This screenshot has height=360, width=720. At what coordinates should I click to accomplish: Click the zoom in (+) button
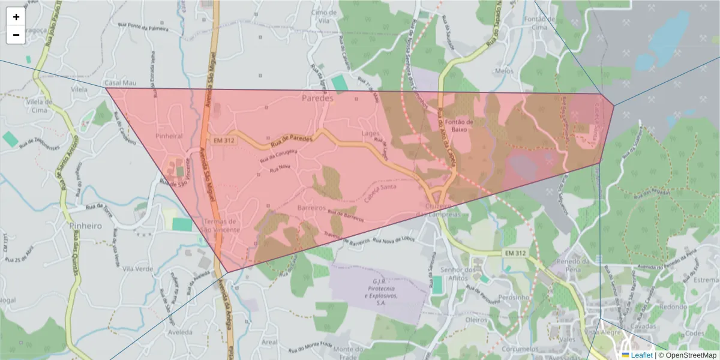pos(16,17)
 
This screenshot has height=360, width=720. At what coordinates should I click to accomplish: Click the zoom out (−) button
pos(16,35)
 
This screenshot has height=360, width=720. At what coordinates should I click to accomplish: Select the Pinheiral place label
pos(169,136)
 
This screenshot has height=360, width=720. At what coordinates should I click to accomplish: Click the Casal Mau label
pos(117,83)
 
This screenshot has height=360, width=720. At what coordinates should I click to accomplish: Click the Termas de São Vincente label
pos(221,226)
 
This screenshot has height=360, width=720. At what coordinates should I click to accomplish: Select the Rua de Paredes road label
pos(292,140)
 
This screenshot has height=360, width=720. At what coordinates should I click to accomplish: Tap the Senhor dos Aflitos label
pos(457,274)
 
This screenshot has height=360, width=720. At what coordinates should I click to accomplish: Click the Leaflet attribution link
pos(641,355)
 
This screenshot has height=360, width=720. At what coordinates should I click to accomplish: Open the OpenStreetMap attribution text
pos(691,355)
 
